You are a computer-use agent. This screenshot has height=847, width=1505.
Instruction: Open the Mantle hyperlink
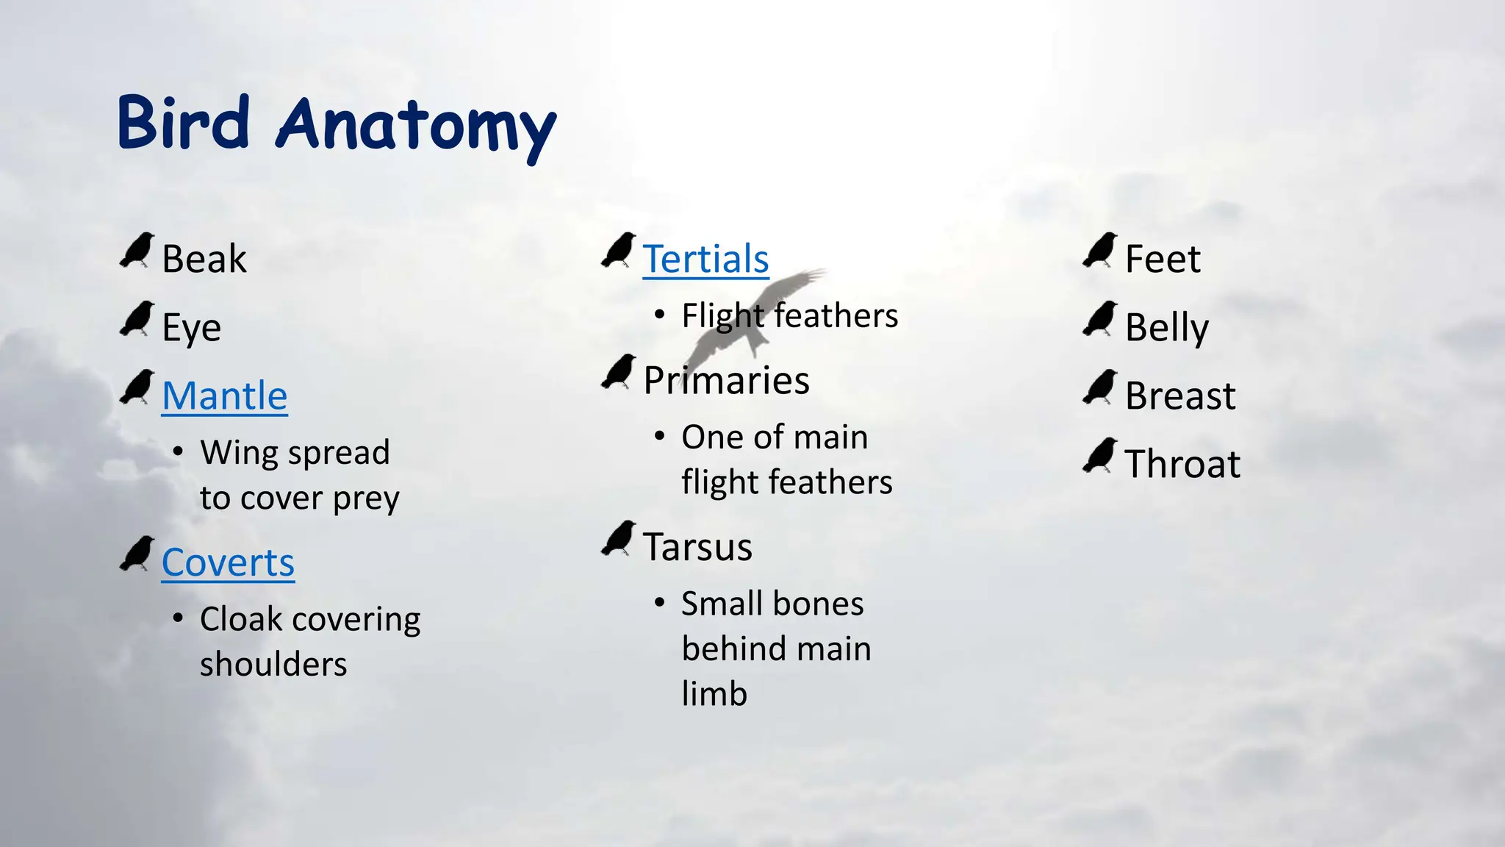coord(224,396)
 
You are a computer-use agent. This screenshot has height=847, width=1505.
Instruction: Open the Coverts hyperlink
coord(228,563)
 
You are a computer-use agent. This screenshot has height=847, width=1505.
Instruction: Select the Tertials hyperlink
coord(705,260)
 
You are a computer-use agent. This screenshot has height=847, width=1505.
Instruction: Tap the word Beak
coord(204,260)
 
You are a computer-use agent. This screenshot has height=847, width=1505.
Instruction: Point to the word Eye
coord(191,328)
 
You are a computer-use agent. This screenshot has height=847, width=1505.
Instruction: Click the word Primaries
coord(726,381)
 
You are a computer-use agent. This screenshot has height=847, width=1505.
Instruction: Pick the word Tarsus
coord(697,548)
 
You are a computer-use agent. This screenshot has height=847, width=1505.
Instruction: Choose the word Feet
coord(1163,260)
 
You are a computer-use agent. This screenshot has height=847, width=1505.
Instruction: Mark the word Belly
coord(1167,328)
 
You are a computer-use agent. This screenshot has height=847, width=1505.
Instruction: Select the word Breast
coord(1180,396)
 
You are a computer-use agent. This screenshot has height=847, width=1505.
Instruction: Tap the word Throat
coord(1182,465)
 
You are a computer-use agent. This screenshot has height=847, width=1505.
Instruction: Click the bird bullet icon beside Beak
coord(137,251)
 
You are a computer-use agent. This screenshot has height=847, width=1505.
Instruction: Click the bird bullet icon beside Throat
coord(1100,456)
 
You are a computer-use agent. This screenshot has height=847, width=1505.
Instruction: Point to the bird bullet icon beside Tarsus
coord(619,538)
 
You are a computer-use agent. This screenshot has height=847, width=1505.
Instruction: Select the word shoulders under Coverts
coord(273,665)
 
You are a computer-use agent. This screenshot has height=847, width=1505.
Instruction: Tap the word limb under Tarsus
coord(714,694)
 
